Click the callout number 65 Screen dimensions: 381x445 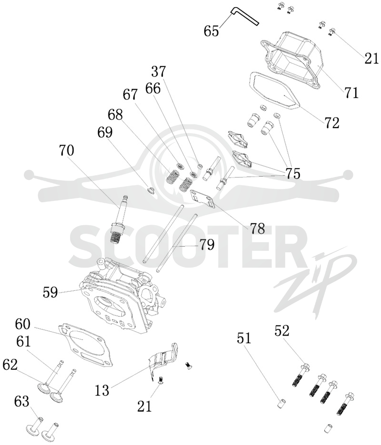click(x=211, y=30)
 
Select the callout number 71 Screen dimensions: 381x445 click(x=351, y=92)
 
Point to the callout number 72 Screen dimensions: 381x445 click(x=332, y=123)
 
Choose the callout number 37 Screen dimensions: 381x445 click(x=159, y=71)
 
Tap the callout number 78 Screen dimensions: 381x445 click(x=258, y=228)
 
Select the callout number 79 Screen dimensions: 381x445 click(x=207, y=244)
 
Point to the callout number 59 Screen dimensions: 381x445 click(x=50, y=292)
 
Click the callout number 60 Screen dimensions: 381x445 click(x=22, y=324)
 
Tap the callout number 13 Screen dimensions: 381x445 click(x=102, y=390)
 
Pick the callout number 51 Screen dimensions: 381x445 click(x=244, y=338)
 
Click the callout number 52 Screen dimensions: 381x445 click(x=282, y=331)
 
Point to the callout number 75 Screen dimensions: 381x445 click(x=293, y=173)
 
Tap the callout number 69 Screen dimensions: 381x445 click(x=105, y=132)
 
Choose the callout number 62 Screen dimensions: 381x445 click(x=10, y=365)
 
